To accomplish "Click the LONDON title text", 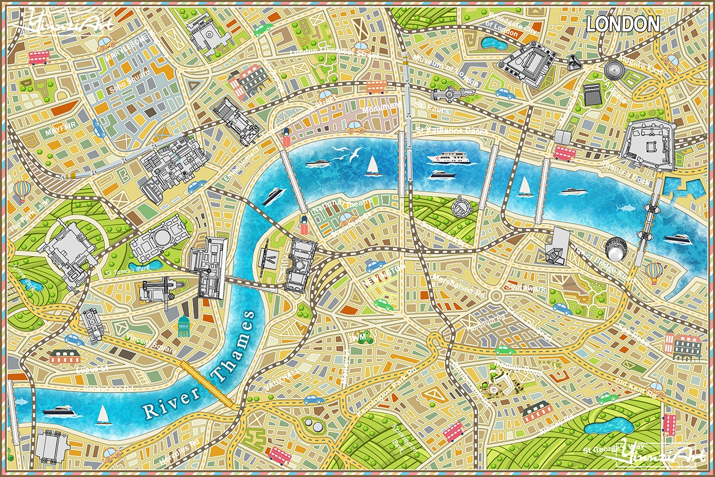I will pyautogui.click(x=623, y=23).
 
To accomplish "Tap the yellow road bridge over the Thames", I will pyautogui.click(x=207, y=383).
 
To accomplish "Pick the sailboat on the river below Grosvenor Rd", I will pyautogui.click(x=103, y=414).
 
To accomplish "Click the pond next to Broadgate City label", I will pyautogui.click(x=492, y=42).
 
